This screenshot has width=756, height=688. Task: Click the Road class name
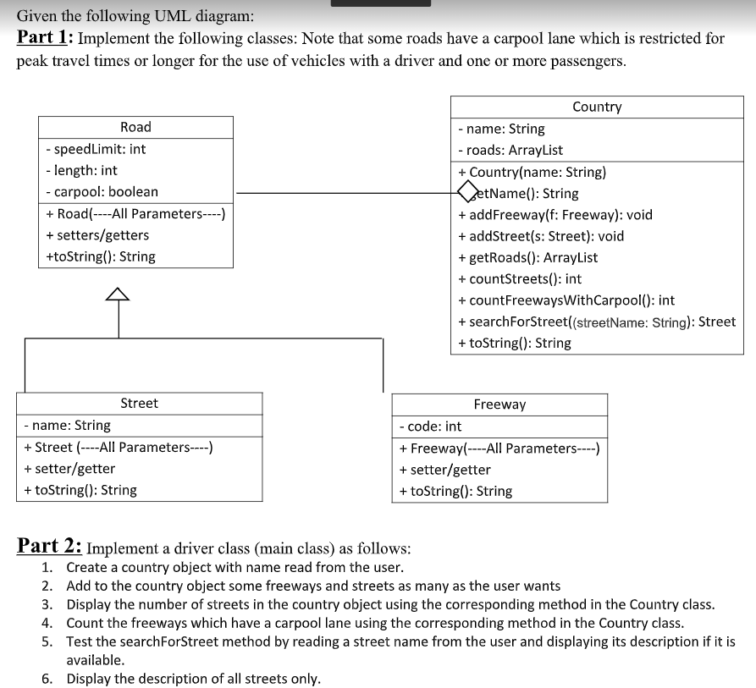[x=135, y=127]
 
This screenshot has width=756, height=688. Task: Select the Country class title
[x=597, y=107]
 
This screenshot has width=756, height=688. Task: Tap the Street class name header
[x=139, y=403]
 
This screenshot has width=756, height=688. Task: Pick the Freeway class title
[x=499, y=405]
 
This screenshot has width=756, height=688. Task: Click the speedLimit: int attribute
[x=96, y=149]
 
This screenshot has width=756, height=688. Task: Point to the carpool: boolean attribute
[x=102, y=192]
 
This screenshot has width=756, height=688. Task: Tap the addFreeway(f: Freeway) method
[x=555, y=215]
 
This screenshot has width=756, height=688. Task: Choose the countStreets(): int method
[x=519, y=279]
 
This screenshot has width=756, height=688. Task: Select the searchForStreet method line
[x=596, y=322]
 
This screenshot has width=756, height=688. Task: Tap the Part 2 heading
[x=50, y=546]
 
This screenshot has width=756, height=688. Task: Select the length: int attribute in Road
[x=82, y=170]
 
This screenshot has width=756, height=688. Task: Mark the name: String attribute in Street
[x=68, y=425]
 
